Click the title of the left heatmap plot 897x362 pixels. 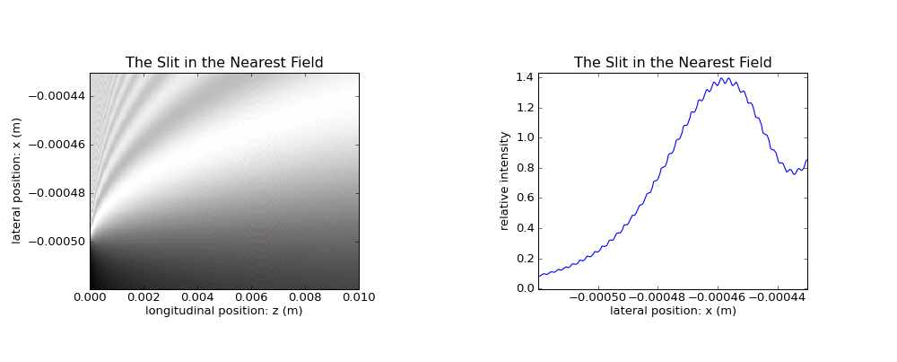pyautogui.click(x=224, y=63)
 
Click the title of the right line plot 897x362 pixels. pyautogui.click(x=673, y=63)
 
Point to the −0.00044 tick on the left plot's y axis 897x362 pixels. pyautogui.click(x=57, y=96)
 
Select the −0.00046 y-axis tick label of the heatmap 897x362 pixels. pyautogui.click(x=57, y=145)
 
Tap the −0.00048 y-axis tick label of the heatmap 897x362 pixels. pyautogui.click(x=57, y=193)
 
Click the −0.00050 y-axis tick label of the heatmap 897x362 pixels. pyautogui.click(x=57, y=242)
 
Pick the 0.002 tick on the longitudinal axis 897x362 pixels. pyautogui.click(x=144, y=297)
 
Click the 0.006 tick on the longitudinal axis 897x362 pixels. pyautogui.click(x=251, y=297)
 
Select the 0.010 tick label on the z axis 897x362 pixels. pyautogui.click(x=361, y=297)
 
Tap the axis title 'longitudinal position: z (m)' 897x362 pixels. pyautogui.click(x=224, y=311)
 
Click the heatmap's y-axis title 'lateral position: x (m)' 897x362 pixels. pyautogui.click(x=16, y=181)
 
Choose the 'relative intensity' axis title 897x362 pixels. pyautogui.click(x=504, y=181)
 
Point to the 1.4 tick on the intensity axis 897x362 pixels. pyautogui.click(x=525, y=77)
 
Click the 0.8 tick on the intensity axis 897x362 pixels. pyautogui.click(x=525, y=168)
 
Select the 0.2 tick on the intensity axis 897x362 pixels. pyautogui.click(x=525, y=259)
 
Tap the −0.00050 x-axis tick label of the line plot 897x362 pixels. pyautogui.click(x=598, y=297)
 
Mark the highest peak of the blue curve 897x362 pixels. pyautogui.click(x=721, y=78)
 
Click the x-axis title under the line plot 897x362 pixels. pyautogui.click(x=673, y=311)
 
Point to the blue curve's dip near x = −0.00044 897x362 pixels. pyautogui.click(x=794, y=173)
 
